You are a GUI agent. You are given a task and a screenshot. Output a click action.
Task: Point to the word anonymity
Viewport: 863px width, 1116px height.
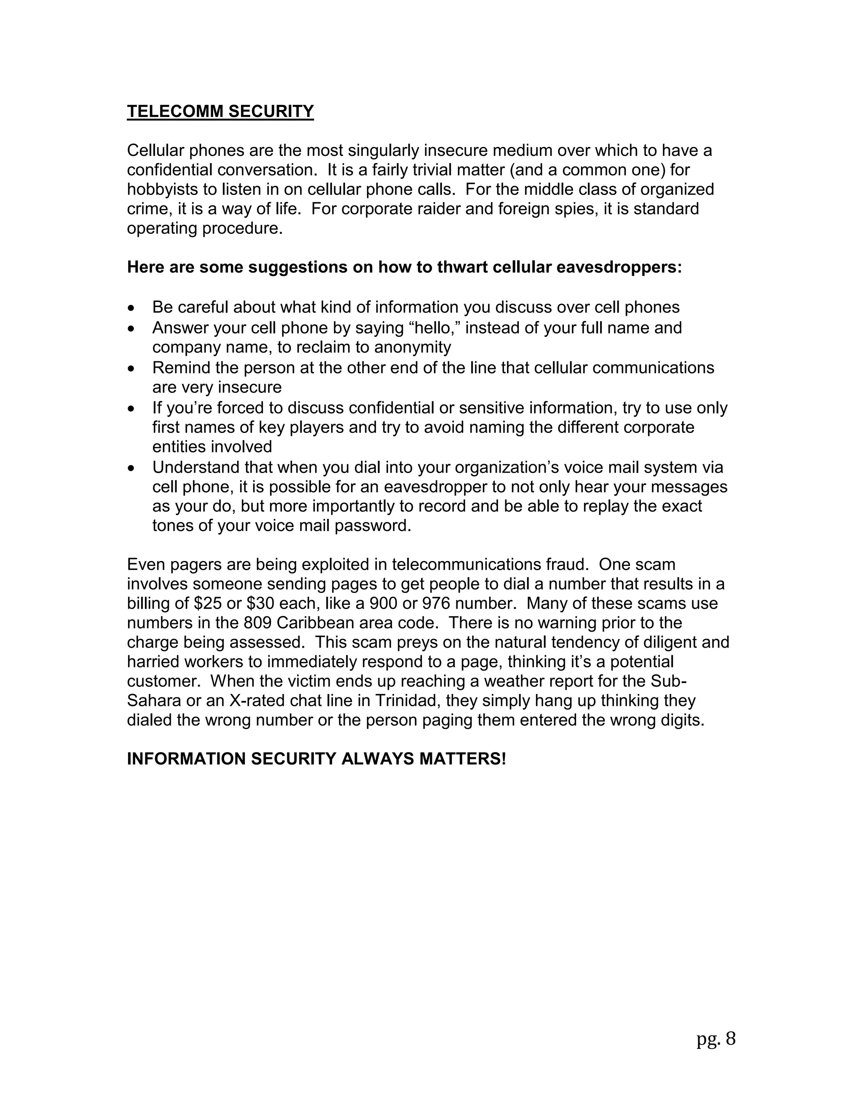[x=413, y=347]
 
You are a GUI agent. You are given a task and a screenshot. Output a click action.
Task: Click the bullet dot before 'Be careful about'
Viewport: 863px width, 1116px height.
[x=132, y=308]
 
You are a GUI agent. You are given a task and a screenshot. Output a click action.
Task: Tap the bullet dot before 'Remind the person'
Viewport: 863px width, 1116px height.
[x=132, y=368]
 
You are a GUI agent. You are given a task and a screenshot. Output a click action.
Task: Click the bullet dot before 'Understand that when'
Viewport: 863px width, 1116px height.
[x=132, y=468]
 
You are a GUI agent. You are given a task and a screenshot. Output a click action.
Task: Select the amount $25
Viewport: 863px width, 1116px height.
[x=208, y=603]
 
